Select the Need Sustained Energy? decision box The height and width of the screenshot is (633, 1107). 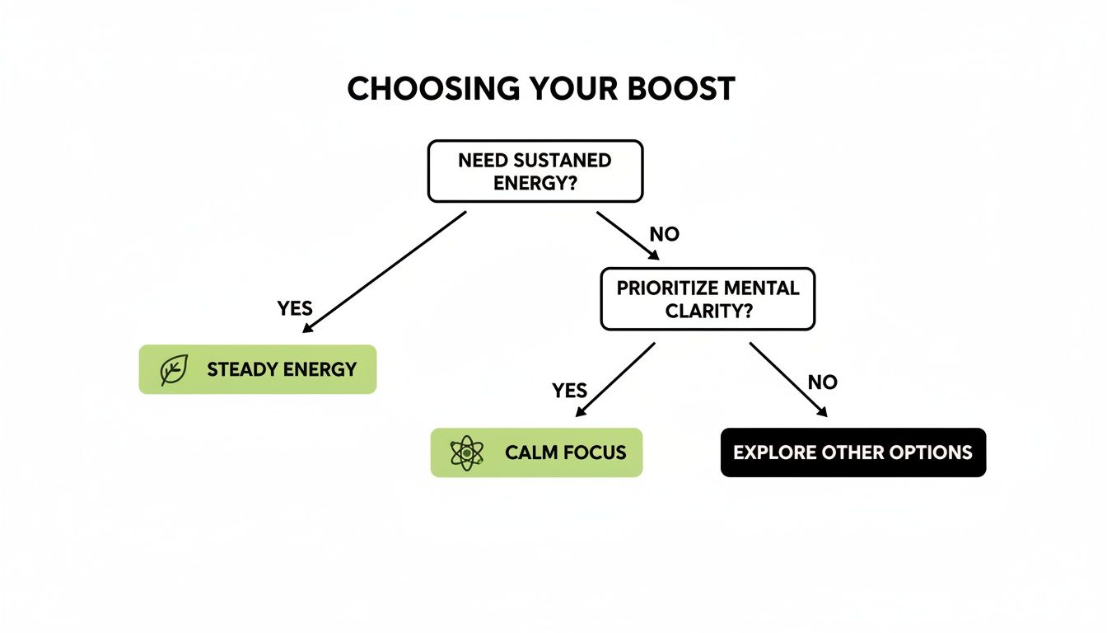click(535, 171)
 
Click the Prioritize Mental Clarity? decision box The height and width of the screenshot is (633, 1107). click(708, 299)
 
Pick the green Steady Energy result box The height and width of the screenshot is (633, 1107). click(257, 369)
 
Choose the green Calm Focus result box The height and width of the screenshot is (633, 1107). click(536, 452)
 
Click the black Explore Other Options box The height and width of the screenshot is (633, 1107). click(852, 452)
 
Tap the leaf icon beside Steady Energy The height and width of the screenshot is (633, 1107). click(174, 370)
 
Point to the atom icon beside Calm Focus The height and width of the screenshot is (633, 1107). click(467, 452)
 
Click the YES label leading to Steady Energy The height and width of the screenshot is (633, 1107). click(295, 308)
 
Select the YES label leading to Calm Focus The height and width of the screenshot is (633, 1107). click(569, 390)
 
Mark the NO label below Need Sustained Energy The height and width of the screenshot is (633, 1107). click(664, 234)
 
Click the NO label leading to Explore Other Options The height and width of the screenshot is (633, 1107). click(822, 382)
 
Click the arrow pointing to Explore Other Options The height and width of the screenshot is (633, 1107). click(788, 380)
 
